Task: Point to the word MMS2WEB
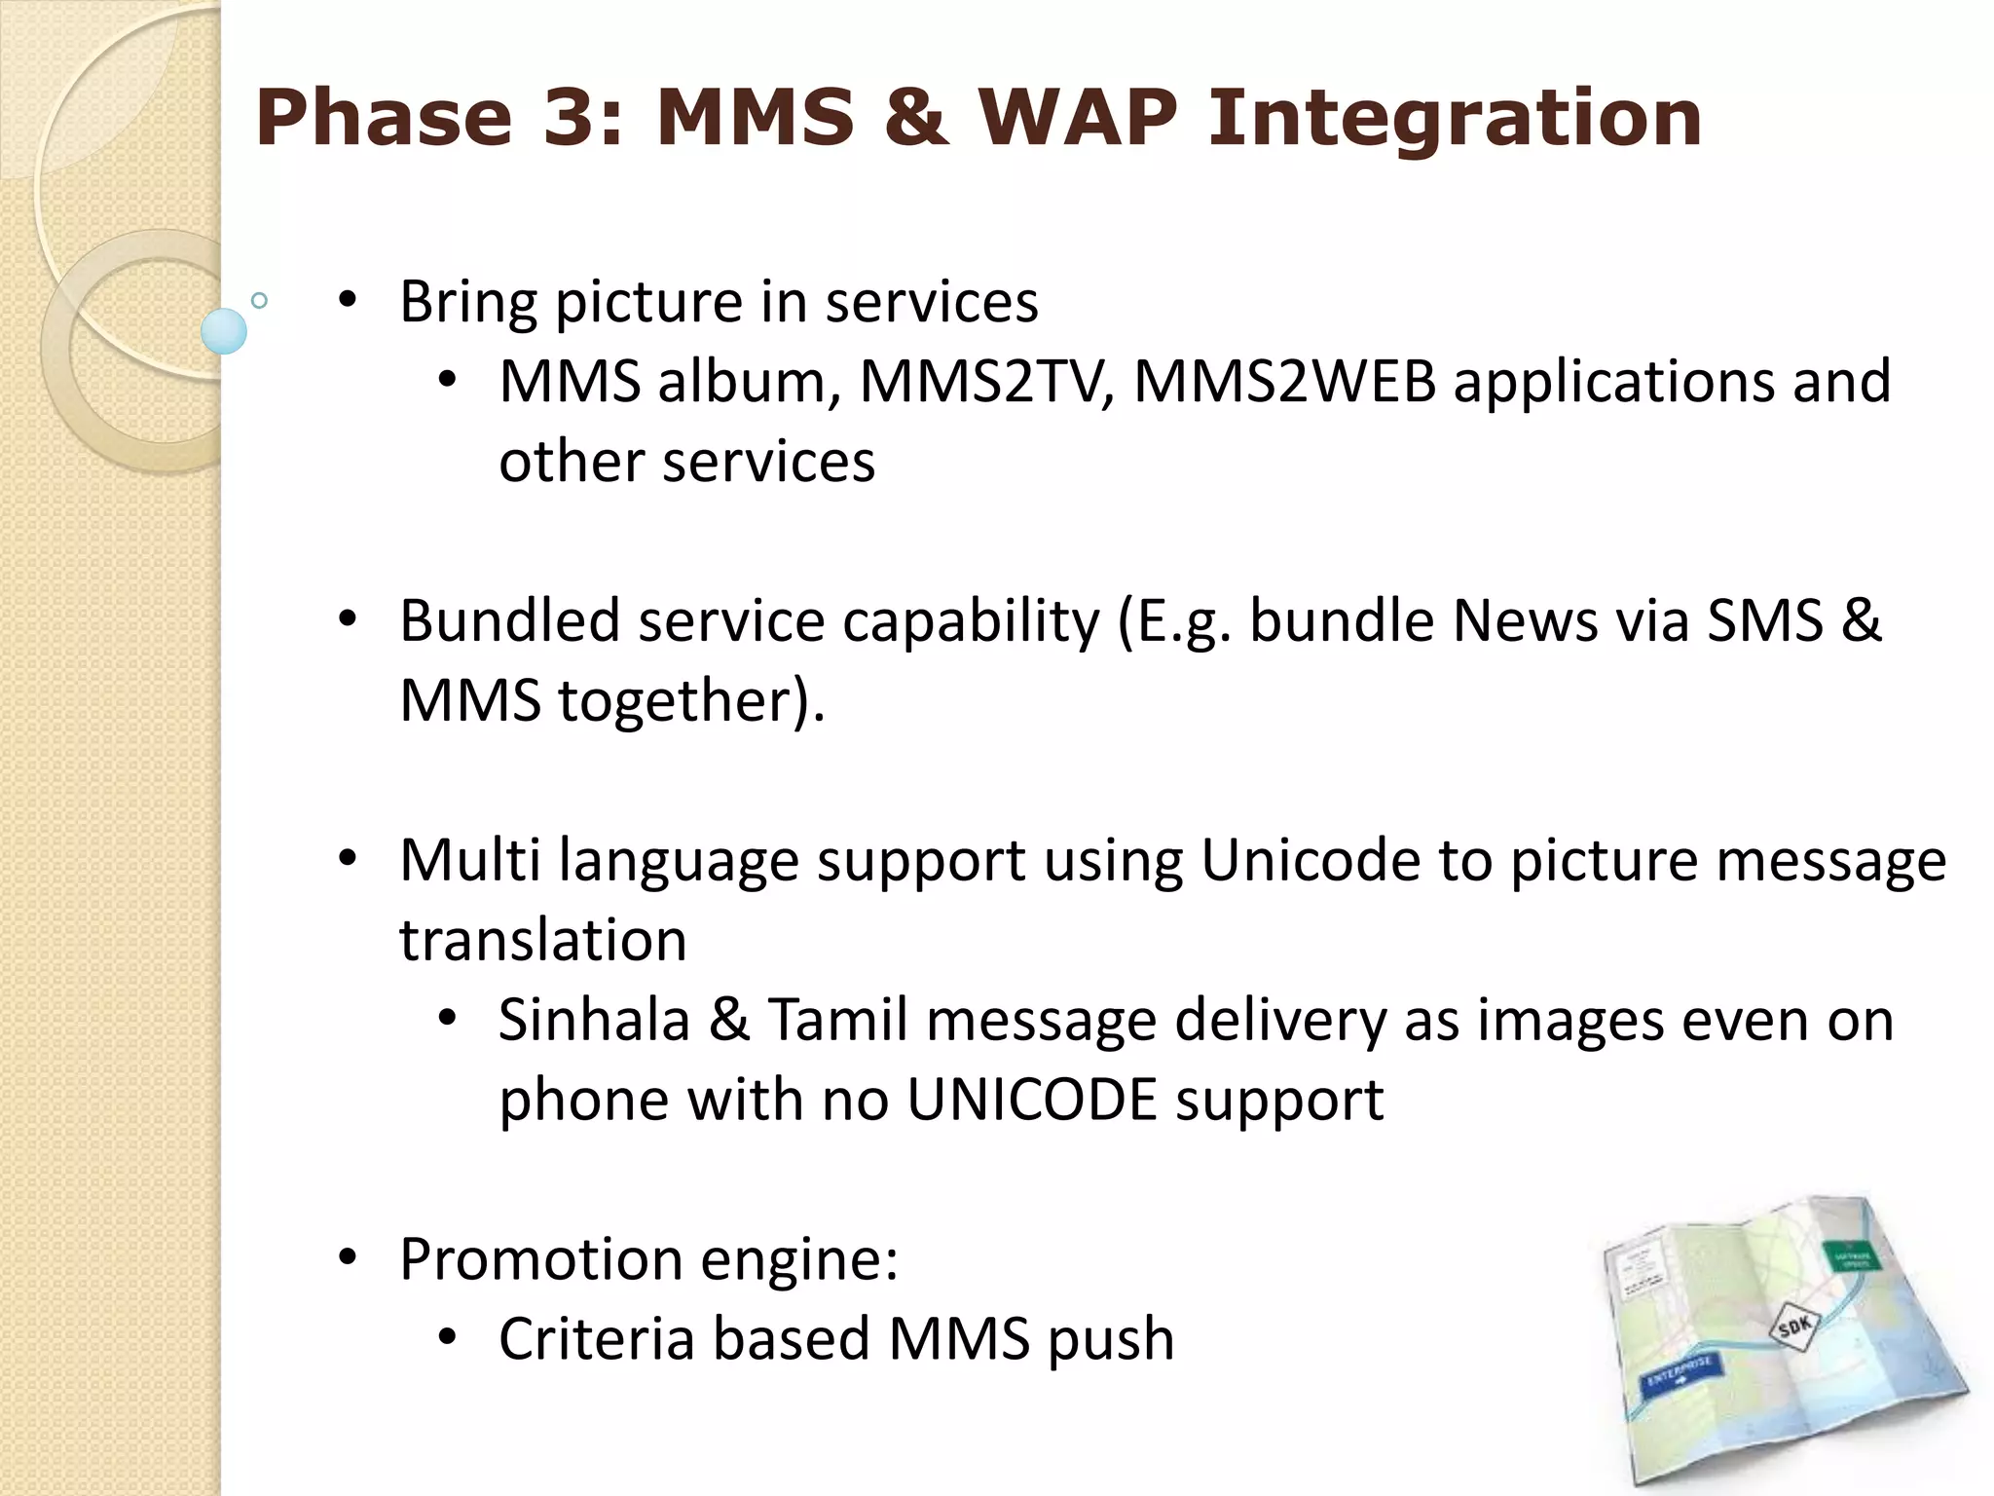click(x=1285, y=381)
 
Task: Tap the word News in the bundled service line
click(x=1525, y=620)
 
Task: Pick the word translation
click(x=543, y=940)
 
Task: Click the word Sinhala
click(x=594, y=1020)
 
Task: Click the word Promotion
click(x=541, y=1258)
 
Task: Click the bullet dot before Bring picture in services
click(x=348, y=300)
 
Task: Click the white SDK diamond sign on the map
click(x=1794, y=1326)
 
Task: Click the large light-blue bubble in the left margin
click(x=224, y=331)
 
